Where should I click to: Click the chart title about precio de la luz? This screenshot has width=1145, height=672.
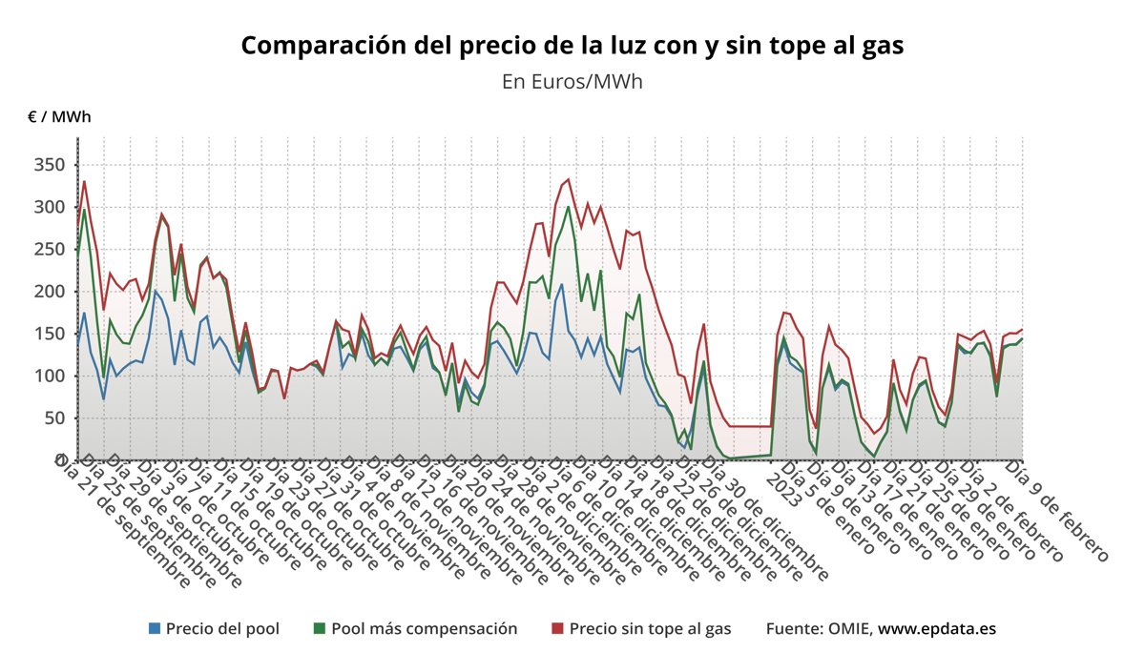click(572, 46)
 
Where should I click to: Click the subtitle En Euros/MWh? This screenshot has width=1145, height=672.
click(572, 81)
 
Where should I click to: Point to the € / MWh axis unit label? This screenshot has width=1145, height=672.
click(59, 117)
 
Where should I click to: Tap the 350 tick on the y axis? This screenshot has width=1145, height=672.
click(50, 165)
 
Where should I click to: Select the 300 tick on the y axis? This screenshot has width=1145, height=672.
click(50, 207)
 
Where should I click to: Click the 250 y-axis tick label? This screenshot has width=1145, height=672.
click(50, 249)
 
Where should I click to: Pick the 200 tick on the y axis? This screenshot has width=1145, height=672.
click(50, 291)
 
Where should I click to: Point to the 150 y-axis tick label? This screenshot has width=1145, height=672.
click(50, 334)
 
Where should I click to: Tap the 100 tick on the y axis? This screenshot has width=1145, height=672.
click(50, 376)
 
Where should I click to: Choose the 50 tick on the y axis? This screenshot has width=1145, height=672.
click(54, 417)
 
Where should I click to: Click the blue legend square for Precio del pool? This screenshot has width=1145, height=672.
click(155, 629)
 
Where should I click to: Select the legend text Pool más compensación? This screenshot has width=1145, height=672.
click(424, 629)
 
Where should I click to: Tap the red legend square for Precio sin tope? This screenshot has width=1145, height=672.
click(558, 629)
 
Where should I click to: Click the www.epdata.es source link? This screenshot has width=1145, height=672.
click(937, 629)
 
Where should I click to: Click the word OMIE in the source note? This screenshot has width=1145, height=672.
click(847, 629)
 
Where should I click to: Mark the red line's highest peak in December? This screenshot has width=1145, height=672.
click(569, 179)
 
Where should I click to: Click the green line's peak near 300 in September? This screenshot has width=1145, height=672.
click(84, 210)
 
